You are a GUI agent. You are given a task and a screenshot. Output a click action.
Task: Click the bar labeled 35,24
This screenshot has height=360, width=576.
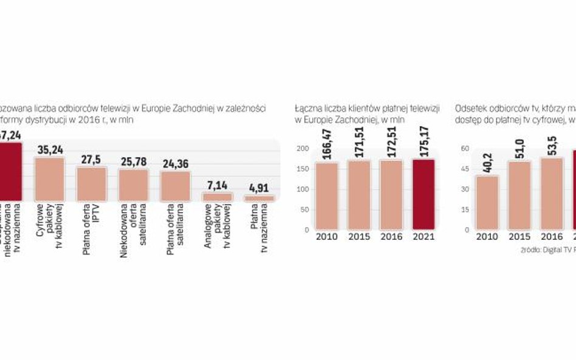(x=49, y=179)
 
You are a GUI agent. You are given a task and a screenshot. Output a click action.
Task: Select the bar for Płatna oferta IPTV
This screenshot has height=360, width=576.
(x=91, y=184)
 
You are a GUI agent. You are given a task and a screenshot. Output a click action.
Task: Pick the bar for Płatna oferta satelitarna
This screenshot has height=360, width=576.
(x=175, y=186)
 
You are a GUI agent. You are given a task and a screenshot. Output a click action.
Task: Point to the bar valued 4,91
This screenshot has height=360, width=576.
(x=259, y=198)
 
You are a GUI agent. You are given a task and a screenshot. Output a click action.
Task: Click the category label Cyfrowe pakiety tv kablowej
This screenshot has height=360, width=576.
(x=49, y=228)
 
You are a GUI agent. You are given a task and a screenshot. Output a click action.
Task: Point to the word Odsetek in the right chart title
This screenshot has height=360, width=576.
(x=470, y=109)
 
